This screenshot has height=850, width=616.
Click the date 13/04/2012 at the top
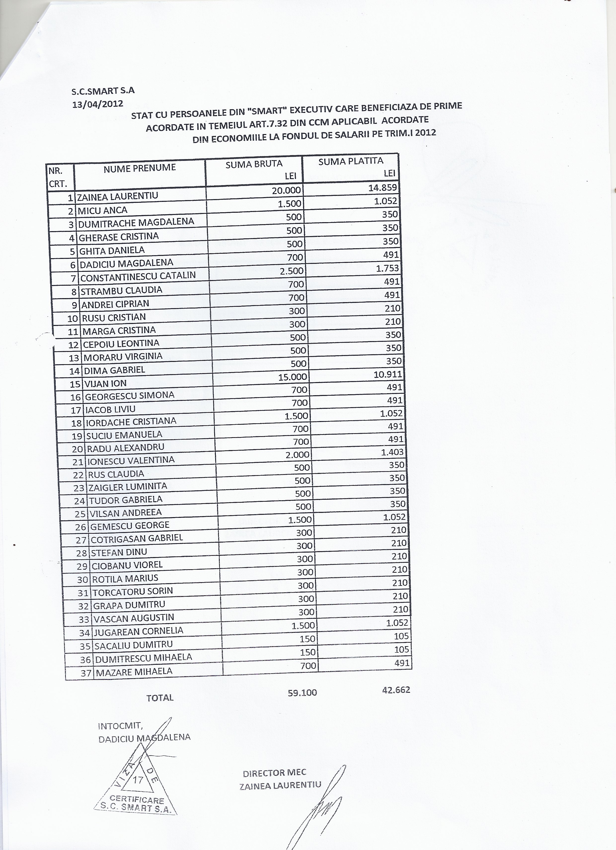[x=98, y=104]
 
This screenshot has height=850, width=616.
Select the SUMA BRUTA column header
[x=254, y=164]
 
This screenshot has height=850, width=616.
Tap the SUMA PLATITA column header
[x=350, y=161]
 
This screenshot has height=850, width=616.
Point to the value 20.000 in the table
[x=286, y=190]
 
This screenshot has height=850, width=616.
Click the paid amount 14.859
[x=383, y=187]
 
